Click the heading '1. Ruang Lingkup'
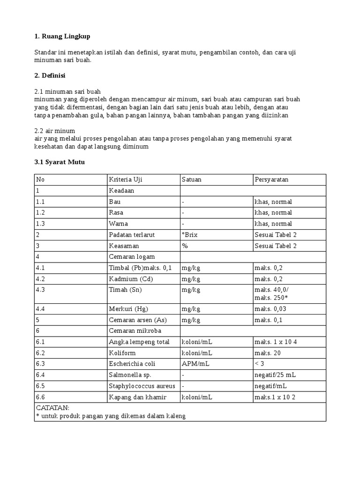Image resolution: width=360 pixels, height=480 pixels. pyautogui.click(x=62, y=37)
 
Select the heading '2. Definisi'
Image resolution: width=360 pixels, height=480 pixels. pyautogui.click(x=50, y=75)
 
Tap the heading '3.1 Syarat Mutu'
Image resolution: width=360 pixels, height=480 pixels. pyautogui.click(x=60, y=162)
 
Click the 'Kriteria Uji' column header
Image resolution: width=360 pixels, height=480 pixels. pyautogui.click(x=126, y=180)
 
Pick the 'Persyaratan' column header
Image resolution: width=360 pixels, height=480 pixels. pyautogui.click(x=272, y=180)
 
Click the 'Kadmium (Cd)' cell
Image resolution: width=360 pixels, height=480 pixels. pyautogui.click(x=131, y=279)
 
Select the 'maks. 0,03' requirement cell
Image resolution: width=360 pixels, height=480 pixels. pyautogui.click(x=271, y=309)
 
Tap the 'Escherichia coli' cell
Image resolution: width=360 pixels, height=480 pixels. pyautogui.click(x=132, y=364)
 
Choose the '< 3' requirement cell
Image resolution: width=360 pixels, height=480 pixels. pyautogui.click(x=260, y=364)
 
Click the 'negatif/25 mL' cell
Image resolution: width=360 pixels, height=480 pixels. pyautogui.click(x=275, y=375)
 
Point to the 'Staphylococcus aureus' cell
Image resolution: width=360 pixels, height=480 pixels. pyautogui.click(x=142, y=386)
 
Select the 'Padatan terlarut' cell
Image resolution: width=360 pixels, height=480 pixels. pyautogui.click(x=132, y=235)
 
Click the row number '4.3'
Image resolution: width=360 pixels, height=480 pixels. pyautogui.click(x=43, y=290)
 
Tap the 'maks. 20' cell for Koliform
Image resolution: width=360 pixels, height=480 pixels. pyautogui.click(x=268, y=353)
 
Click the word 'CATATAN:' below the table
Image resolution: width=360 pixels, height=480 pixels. pyautogui.click(x=52, y=408)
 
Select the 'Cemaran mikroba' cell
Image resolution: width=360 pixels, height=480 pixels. pyautogui.click(x=132, y=331)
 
